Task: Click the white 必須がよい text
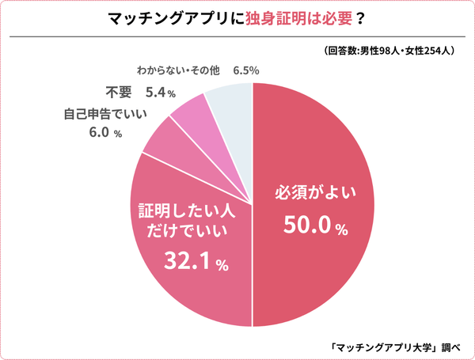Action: (315, 191)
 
